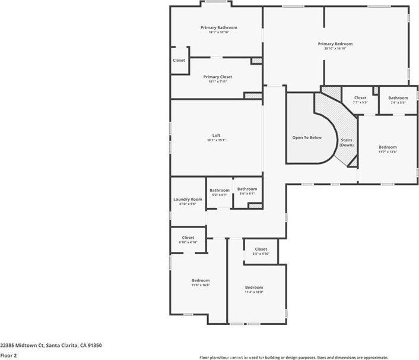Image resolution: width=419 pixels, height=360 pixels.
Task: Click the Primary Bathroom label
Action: pyautogui.click(x=218, y=27)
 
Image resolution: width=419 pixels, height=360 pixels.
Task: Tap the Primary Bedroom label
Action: pyautogui.click(x=335, y=43)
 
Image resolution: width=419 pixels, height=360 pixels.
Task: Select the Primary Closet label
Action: pyautogui.click(x=217, y=77)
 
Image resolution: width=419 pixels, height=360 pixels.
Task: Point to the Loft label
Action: pyautogui.click(x=217, y=135)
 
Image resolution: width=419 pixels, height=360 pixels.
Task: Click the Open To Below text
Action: pyautogui.click(x=306, y=137)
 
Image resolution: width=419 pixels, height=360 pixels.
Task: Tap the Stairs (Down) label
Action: pyautogui.click(x=347, y=143)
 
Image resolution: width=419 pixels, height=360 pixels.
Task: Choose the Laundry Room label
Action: pyautogui.click(x=188, y=199)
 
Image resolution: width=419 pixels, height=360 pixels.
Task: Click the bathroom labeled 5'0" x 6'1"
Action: pyautogui.click(x=219, y=190)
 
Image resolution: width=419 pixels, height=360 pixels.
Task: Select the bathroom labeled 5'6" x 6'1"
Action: pyautogui.click(x=247, y=189)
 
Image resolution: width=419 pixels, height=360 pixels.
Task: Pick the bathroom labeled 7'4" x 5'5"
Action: pyautogui.click(x=398, y=98)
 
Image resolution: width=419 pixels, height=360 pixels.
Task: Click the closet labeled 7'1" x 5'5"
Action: pyautogui.click(x=360, y=98)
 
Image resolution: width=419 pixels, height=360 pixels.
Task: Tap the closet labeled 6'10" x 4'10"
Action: pyautogui.click(x=188, y=238)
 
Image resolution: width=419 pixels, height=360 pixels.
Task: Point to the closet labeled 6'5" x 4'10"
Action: pyautogui.click(x=261, y=249)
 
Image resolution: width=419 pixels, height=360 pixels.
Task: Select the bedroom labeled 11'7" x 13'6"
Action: pyautogui.click(x=388, y=147)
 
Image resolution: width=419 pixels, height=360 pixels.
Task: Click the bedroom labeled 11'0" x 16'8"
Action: pyautogui.click(x=200, y=280)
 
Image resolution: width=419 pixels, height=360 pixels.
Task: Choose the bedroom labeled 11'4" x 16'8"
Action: pyautogui.click(x=254, y=287)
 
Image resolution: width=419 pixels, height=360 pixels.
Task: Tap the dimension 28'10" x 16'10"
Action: pyautogui.click(x=335, y=49)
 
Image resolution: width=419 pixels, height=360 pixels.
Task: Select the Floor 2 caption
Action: pyautogui.click(x=8, y=355)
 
